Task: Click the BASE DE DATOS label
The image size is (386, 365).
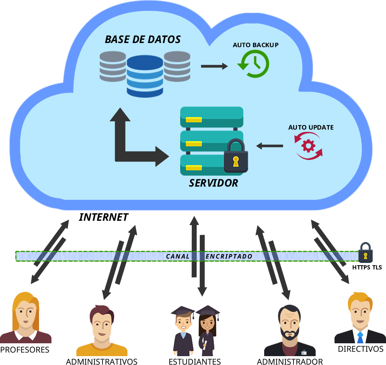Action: [143, 39]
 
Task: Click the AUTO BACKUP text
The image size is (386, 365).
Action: [256, 45]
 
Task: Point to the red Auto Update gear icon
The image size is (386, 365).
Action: [308, 146]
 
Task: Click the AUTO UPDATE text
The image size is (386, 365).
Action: [311, 127]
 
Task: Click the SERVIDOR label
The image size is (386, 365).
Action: [214, 183]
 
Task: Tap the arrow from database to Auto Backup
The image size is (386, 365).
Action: [214, 66]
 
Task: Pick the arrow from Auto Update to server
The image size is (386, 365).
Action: [270, 146]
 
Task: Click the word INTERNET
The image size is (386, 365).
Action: [103, 217]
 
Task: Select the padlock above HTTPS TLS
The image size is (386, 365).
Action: [365, 252]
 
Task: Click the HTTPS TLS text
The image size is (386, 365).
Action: [367, 267]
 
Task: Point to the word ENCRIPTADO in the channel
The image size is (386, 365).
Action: [229, 256]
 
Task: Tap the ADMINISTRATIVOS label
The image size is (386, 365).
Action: [102, 361]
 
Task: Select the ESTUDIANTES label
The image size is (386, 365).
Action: [195, 361]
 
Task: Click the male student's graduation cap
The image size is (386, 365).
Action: [183, 310]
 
